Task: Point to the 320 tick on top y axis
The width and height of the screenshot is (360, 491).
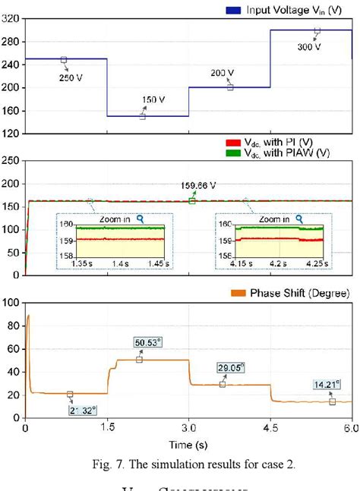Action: [11, 19]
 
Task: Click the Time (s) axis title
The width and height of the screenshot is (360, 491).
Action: [188, 442]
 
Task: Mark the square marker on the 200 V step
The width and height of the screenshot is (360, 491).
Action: [230, 87]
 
